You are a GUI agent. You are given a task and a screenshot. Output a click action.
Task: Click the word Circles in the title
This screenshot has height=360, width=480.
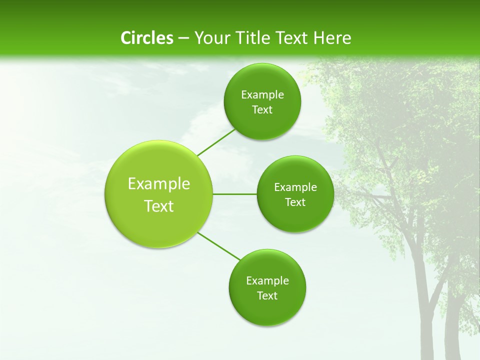click(x=146, y=38)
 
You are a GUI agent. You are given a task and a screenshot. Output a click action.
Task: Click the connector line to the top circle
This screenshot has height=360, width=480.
click(x=216, y=142)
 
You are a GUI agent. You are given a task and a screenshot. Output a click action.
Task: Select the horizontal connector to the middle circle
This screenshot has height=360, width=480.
click(x=234, y=194)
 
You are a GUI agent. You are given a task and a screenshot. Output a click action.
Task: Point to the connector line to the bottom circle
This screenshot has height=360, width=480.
click(x=218, y=246)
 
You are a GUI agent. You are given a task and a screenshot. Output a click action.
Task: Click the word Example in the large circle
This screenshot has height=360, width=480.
click(x=158, y=184)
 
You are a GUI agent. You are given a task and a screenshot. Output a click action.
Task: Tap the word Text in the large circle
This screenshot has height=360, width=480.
click(x=158, y=206)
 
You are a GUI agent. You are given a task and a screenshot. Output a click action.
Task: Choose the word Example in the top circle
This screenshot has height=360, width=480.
click(x=262, y=95)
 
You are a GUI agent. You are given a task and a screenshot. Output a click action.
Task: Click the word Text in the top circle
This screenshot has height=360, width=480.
click(x=262, y=110)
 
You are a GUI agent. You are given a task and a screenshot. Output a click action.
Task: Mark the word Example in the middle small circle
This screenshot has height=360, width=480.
click(x=295, y=187)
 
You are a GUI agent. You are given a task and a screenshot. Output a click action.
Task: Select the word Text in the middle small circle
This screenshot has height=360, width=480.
click(x=295, y=202)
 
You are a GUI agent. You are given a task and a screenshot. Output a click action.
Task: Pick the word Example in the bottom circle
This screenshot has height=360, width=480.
click(x=267, y=280)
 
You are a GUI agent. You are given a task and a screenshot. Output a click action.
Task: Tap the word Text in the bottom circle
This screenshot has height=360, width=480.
click(x=267, y=295)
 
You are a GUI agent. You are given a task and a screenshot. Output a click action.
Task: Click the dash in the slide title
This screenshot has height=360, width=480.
click(x=183, y=38)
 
